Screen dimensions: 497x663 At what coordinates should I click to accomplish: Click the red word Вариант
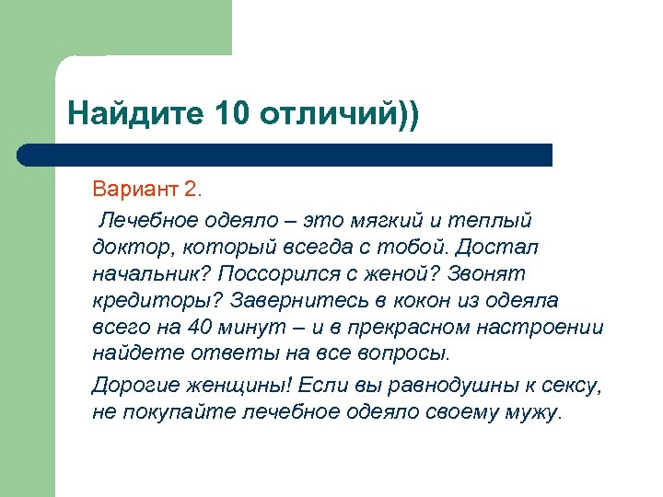point(135,191)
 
